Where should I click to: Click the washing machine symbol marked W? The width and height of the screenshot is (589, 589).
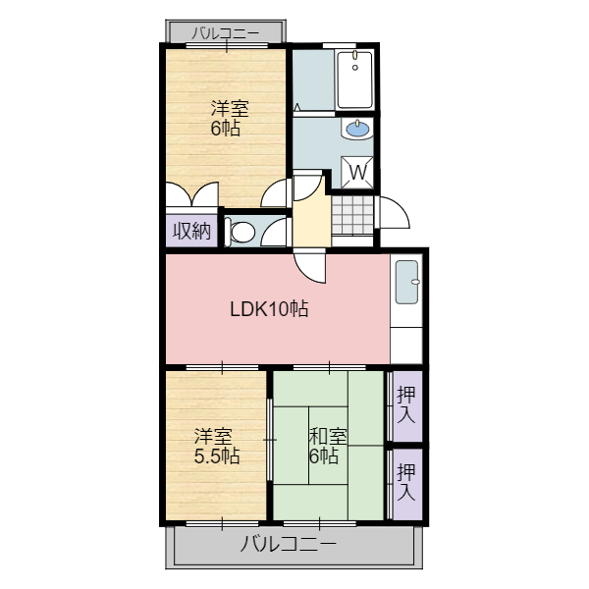coord(357,173)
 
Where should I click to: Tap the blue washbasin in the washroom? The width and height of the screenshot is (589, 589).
coord(357,130)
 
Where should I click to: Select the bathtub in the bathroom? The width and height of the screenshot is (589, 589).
coord(355,80)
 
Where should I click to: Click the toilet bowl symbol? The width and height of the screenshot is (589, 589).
coord(241,232)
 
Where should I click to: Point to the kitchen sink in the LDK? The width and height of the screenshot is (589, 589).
coord(407,282)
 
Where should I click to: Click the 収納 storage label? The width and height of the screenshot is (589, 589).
coord(191,231)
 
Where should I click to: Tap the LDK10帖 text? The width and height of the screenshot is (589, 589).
coord(269,309)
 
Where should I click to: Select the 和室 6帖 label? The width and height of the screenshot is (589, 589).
coord(328,446)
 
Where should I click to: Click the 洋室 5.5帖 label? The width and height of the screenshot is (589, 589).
coord(217,446)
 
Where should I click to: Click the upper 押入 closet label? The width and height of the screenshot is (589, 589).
coord(406,404)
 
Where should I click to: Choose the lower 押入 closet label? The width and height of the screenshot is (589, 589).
coord(406,482)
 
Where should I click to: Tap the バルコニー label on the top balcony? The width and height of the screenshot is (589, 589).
coord(226,33)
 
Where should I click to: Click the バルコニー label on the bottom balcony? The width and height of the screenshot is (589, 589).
coord(289,544)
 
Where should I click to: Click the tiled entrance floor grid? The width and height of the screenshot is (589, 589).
coord(352,215)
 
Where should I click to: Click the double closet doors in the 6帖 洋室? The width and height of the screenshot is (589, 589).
coord(192,194)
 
